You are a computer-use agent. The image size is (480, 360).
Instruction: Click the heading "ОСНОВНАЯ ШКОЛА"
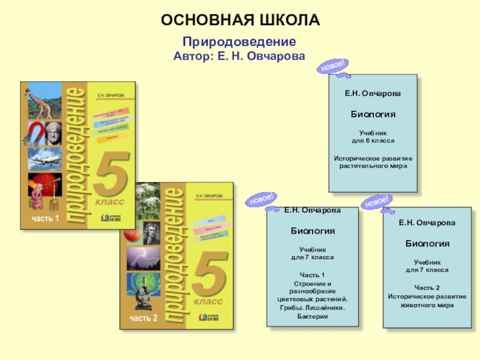coord(240,20)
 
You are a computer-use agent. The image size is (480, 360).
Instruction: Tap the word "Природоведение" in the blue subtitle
coord(239,43)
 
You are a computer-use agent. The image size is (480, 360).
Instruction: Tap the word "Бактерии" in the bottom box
coord(312,316)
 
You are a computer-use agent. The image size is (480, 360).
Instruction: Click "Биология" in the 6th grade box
coord(373,113)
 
